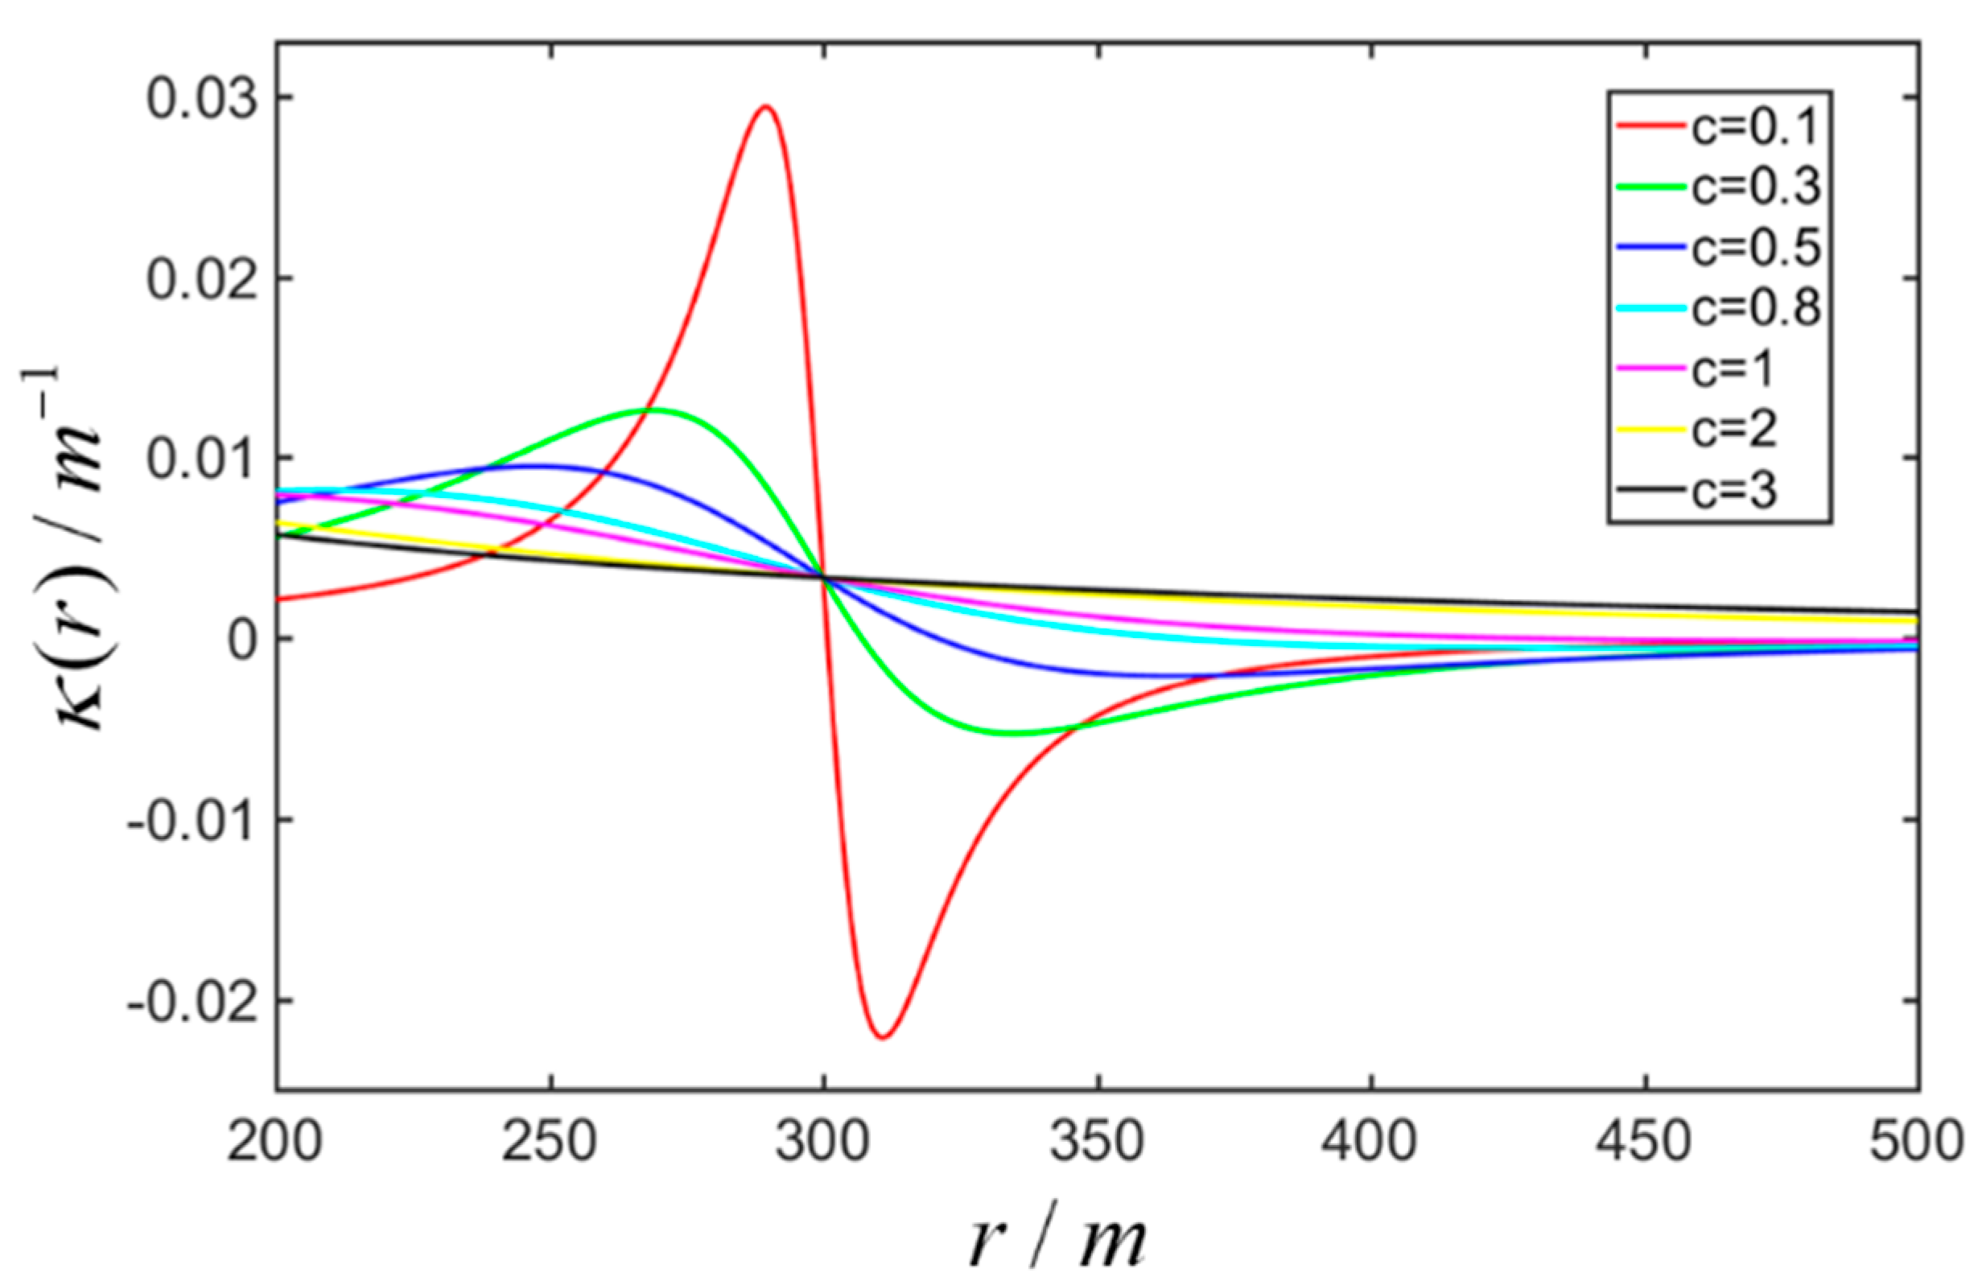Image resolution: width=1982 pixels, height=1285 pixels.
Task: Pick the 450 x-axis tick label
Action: click(1646, 1142)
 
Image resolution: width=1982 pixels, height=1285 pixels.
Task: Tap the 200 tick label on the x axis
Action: click(276, 1142)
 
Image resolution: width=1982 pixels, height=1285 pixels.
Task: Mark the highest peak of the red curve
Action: click(765, 105)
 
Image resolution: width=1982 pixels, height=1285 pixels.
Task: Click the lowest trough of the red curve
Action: click(883, 1038)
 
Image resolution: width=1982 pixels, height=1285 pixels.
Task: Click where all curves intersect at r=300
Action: click(823, 577)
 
